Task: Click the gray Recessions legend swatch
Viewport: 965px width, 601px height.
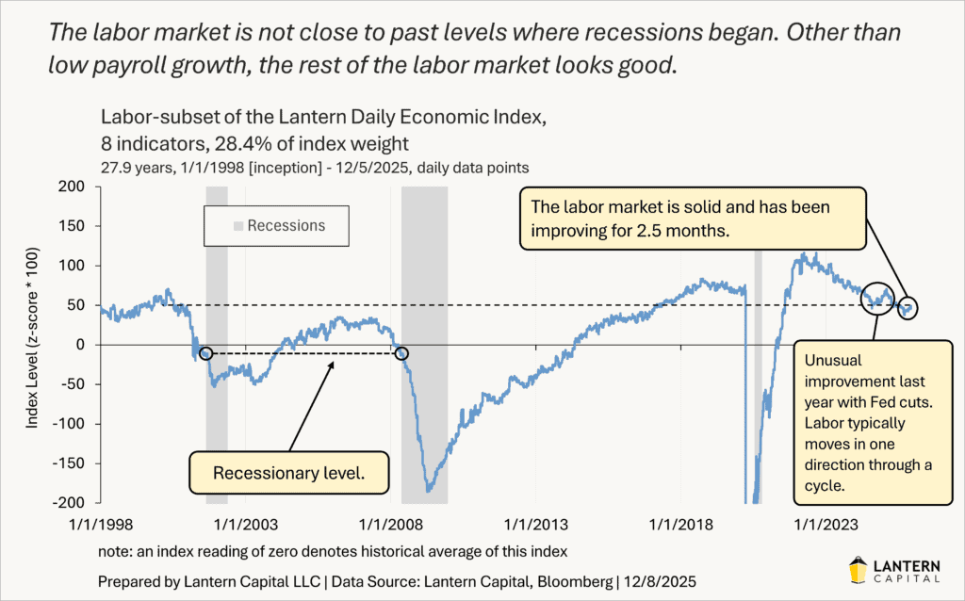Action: [x=238, y=226]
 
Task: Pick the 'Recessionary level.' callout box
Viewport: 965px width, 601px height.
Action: [x=289, y=473]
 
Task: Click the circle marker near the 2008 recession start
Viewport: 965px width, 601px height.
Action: [x=402, y=353]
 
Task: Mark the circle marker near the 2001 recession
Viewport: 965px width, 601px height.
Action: [x=206, y=353]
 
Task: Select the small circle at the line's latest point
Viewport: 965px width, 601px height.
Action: [x=909, y=308]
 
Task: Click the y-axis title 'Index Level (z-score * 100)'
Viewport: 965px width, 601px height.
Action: [x=32, y=345]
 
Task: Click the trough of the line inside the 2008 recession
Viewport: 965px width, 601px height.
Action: [x=429, y=489]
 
